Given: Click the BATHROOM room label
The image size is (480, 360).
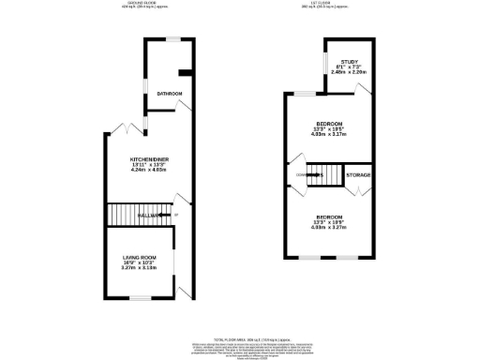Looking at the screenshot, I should (x=169, y=94).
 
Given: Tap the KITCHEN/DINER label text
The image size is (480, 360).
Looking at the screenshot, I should (x=149, y=159).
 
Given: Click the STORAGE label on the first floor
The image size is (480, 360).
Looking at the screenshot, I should (x=358, y=175).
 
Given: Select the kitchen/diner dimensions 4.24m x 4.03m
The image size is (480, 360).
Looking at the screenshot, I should (x=149, y=172).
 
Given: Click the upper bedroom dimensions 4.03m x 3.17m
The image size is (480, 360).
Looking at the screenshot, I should (x=328, y=133).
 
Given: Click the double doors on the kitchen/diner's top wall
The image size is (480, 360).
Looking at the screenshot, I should (x=124, y=127).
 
